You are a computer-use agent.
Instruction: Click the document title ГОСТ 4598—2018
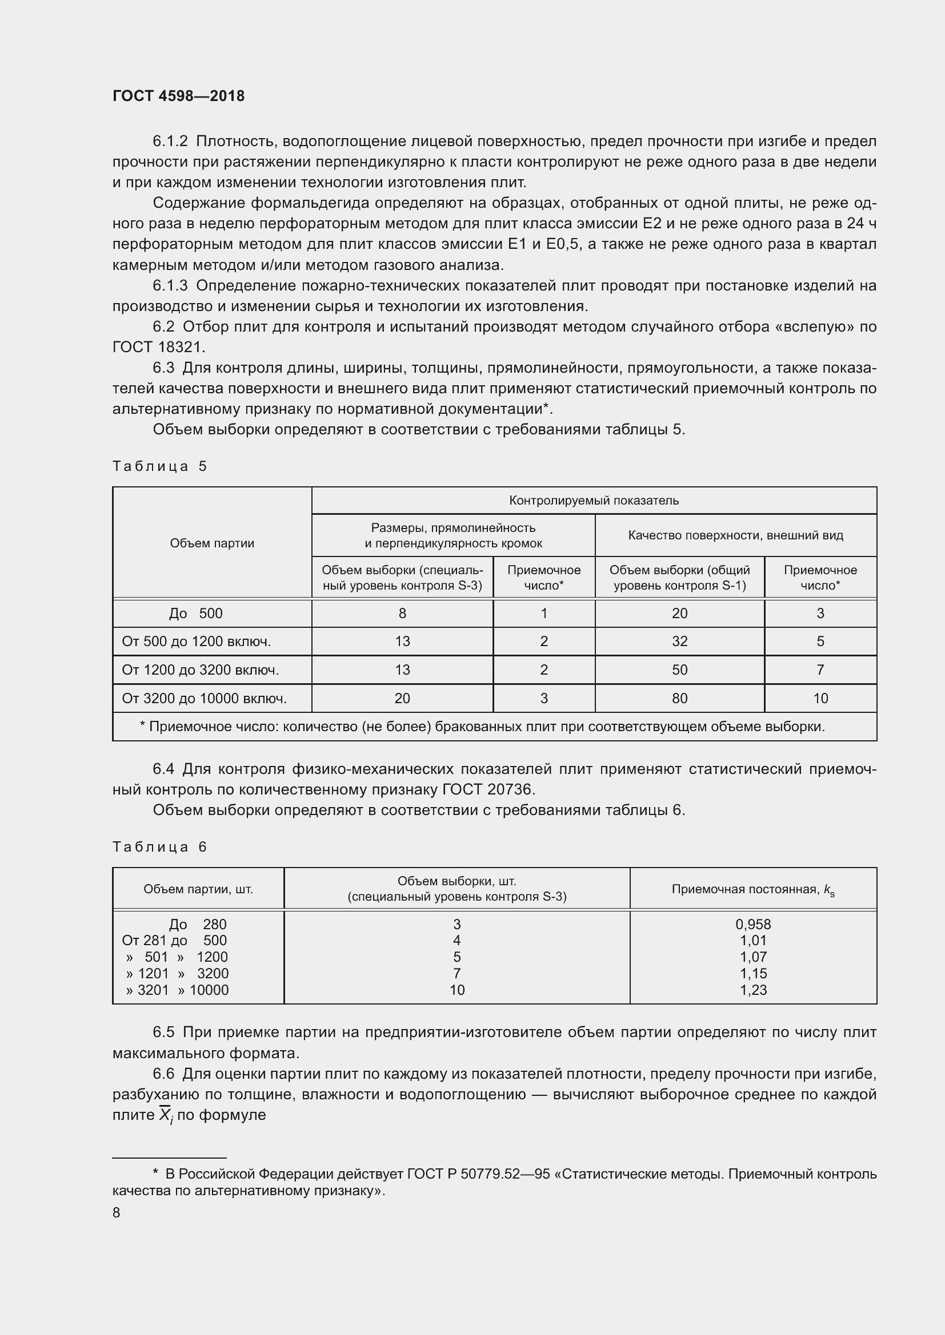tap(179, 96)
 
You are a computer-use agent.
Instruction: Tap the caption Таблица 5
tap(159, 466)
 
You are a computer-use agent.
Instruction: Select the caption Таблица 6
tap(159, 846)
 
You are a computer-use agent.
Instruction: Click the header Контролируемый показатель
tap(594, 500)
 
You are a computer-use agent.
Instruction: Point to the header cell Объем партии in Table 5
tap(212, 543)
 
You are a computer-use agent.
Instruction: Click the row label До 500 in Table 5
tap(195, 614)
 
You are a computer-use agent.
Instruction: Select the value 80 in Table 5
tap(679, 698)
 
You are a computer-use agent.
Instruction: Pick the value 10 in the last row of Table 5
tap(820, 698)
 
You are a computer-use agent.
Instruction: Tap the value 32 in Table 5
tap(679, 642)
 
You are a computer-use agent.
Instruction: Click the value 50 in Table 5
tap(679, 670)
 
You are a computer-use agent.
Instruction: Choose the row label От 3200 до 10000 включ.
tap(204, 698)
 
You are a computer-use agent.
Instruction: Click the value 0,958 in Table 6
tap(753, 924)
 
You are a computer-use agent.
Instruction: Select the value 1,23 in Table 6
tap(753, 990)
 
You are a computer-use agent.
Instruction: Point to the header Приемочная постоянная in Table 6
tap(752, 889)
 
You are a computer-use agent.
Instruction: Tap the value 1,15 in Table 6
tap(753, 973)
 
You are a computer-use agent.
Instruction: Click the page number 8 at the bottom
tap(117, 1212)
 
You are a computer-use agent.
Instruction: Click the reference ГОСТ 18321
tap(158, 347)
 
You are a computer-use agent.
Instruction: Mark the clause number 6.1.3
tap(170, 285)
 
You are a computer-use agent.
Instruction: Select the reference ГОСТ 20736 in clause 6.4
tap(487, 789)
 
